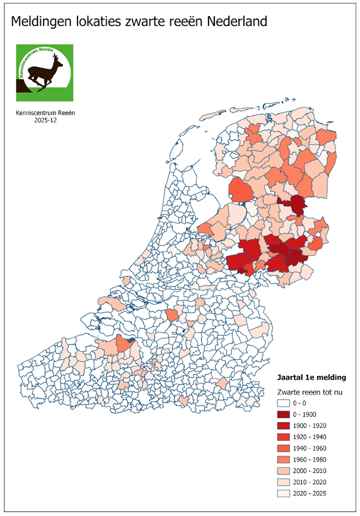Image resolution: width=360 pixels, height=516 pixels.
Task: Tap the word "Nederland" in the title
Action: (237, 21)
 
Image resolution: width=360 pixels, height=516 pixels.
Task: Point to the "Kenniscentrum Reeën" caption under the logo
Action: (45, 113)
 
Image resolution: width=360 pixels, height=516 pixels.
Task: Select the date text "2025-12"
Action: (45, 120)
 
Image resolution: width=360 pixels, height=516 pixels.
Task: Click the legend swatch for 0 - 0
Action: (283, 403)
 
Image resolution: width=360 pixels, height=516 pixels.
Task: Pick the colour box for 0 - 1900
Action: (283, 414)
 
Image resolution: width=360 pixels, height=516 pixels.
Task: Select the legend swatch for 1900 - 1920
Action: (283, 425)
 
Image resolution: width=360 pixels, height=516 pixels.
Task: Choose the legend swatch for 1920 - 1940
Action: (283, 437)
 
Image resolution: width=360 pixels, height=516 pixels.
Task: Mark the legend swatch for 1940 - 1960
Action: (283, 448)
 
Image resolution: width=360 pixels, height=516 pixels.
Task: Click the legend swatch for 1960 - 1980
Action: (283, 459)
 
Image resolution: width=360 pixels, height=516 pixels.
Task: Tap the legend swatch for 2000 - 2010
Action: (283, 471)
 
